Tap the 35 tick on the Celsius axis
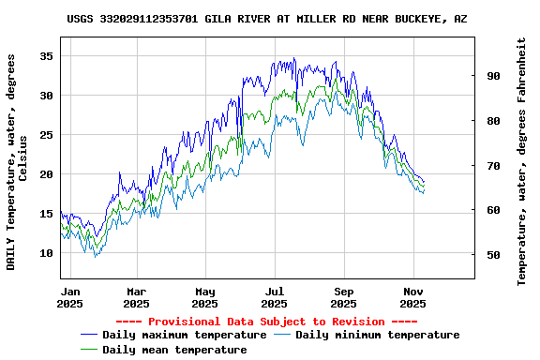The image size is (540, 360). point(45,56)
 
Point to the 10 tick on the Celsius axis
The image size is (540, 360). point(45,253)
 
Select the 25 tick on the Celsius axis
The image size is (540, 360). point(45,135)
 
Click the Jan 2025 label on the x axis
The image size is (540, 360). point(70,297)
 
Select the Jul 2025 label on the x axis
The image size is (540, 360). point(275,297)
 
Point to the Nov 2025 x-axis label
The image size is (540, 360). point(413,297)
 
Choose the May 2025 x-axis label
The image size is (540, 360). point(206,297)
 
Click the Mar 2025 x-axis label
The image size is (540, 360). point(137,297)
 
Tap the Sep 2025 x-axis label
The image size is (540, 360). point(344,297)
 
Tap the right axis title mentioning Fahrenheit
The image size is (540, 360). point(522,161)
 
